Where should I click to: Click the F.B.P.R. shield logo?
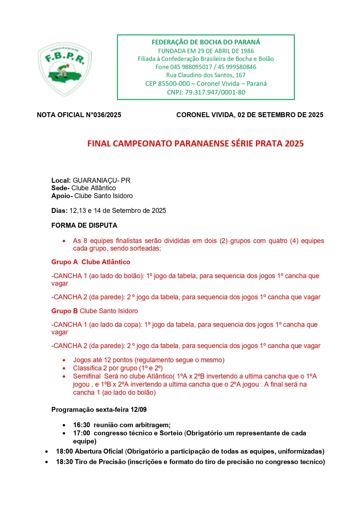click(x=65, y=69)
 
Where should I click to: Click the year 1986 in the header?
click(x=247, y=51)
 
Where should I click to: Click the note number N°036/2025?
click(x=104, y=115)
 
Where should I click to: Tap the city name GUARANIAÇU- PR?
click(x=102, y=180)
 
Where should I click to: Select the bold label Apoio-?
click(x=62, y=196)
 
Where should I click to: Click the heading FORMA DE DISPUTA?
click(x=84, y=225)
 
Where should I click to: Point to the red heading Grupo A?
click(x=64, y=262)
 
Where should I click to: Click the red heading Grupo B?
click(x=64, y=311)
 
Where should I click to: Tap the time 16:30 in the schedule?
click(x=82, y=425)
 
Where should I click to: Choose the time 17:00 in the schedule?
click(x=82, y=433)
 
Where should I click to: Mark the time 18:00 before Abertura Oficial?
click(x=64, y=451)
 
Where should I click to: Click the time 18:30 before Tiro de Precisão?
click(x=64, y=462)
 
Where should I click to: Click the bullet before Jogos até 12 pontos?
click(x=64, y=360)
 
